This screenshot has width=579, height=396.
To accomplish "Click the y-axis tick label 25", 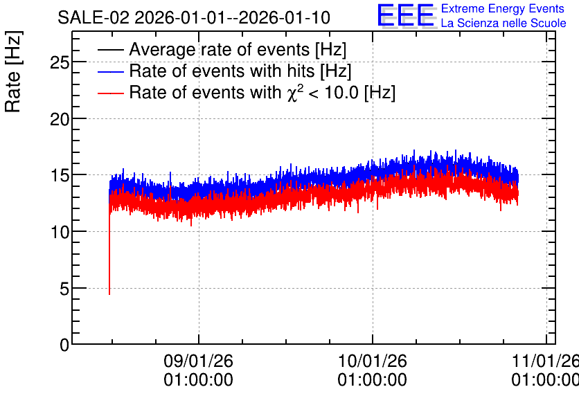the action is coord(60,63).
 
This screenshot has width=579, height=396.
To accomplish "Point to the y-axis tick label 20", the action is coord(60,120).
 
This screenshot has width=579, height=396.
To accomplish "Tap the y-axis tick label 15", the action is coord(60,176).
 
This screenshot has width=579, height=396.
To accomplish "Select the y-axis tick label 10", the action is coord(60,233).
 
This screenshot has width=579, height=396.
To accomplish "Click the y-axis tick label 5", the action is coord(64,289).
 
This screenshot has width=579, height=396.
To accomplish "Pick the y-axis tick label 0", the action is coord(64,345).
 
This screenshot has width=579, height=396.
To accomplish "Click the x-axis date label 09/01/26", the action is coord(198,361).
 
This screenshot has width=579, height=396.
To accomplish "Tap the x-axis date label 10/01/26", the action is coord(372,361).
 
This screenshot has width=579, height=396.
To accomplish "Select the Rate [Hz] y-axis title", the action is coord(13,71).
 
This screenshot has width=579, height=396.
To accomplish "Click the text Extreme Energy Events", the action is coord(503,8).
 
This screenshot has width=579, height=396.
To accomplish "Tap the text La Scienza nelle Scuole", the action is coord(504,24).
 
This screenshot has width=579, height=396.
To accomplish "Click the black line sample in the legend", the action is coord(110,50).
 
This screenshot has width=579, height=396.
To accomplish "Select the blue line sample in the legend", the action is coord(110,71).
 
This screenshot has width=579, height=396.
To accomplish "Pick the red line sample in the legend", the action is coord(110,93).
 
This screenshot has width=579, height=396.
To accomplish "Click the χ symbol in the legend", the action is coord(292,93).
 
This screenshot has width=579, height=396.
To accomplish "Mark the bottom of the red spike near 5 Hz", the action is coord(109,294).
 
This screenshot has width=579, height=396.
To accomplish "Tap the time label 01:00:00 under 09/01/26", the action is coord(198,380).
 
